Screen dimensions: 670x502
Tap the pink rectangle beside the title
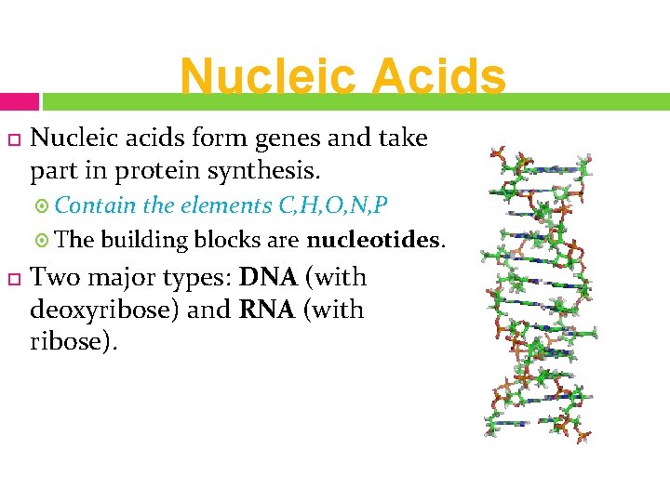click(20, 101)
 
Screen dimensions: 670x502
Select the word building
click(145, 240)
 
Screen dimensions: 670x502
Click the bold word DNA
click(267, 277)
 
